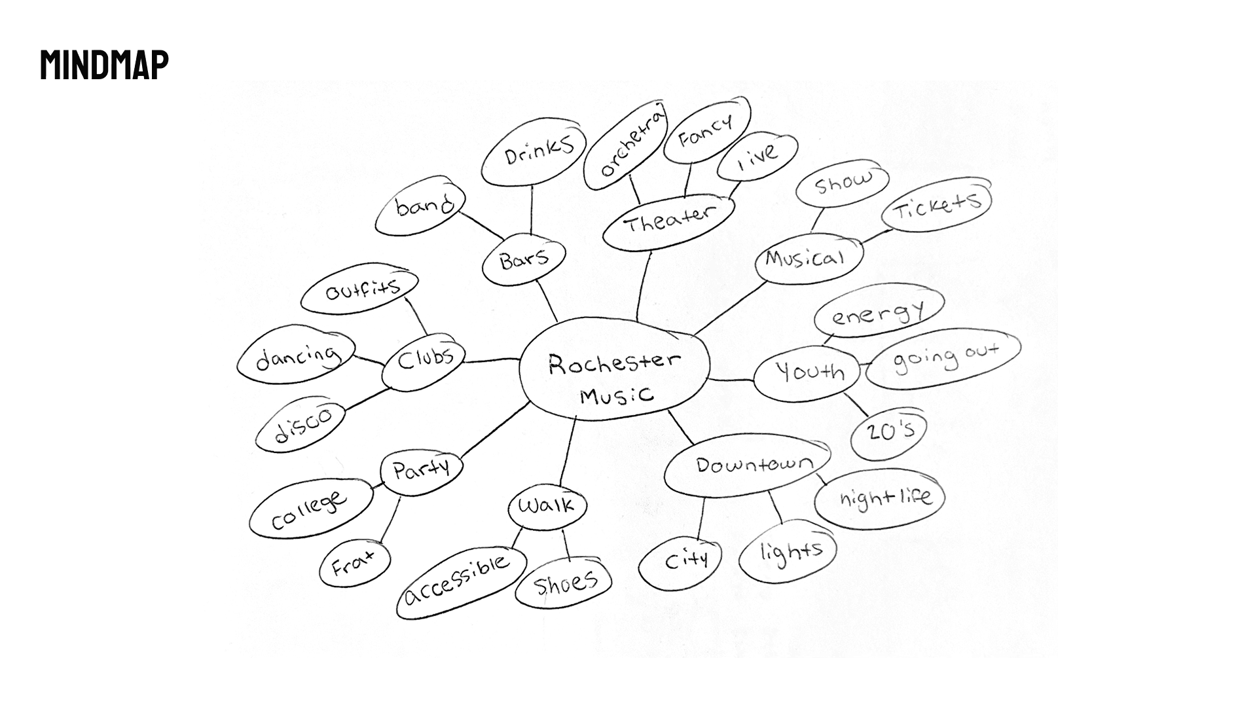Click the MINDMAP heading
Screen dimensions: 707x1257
coord(104,64)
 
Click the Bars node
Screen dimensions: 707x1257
coord(524,259)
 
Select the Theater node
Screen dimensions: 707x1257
coord(668,221)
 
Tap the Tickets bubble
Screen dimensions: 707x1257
coord(937,205)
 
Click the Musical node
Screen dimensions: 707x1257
coord(805,258)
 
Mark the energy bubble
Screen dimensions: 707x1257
coord(879,311)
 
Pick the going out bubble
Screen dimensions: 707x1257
coord(943,357)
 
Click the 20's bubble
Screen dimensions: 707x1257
coord(889,433)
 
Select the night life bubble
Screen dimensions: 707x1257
coord(881,498)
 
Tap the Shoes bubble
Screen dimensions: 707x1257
coord(564,583)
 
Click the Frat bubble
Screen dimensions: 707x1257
coord(354,562)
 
